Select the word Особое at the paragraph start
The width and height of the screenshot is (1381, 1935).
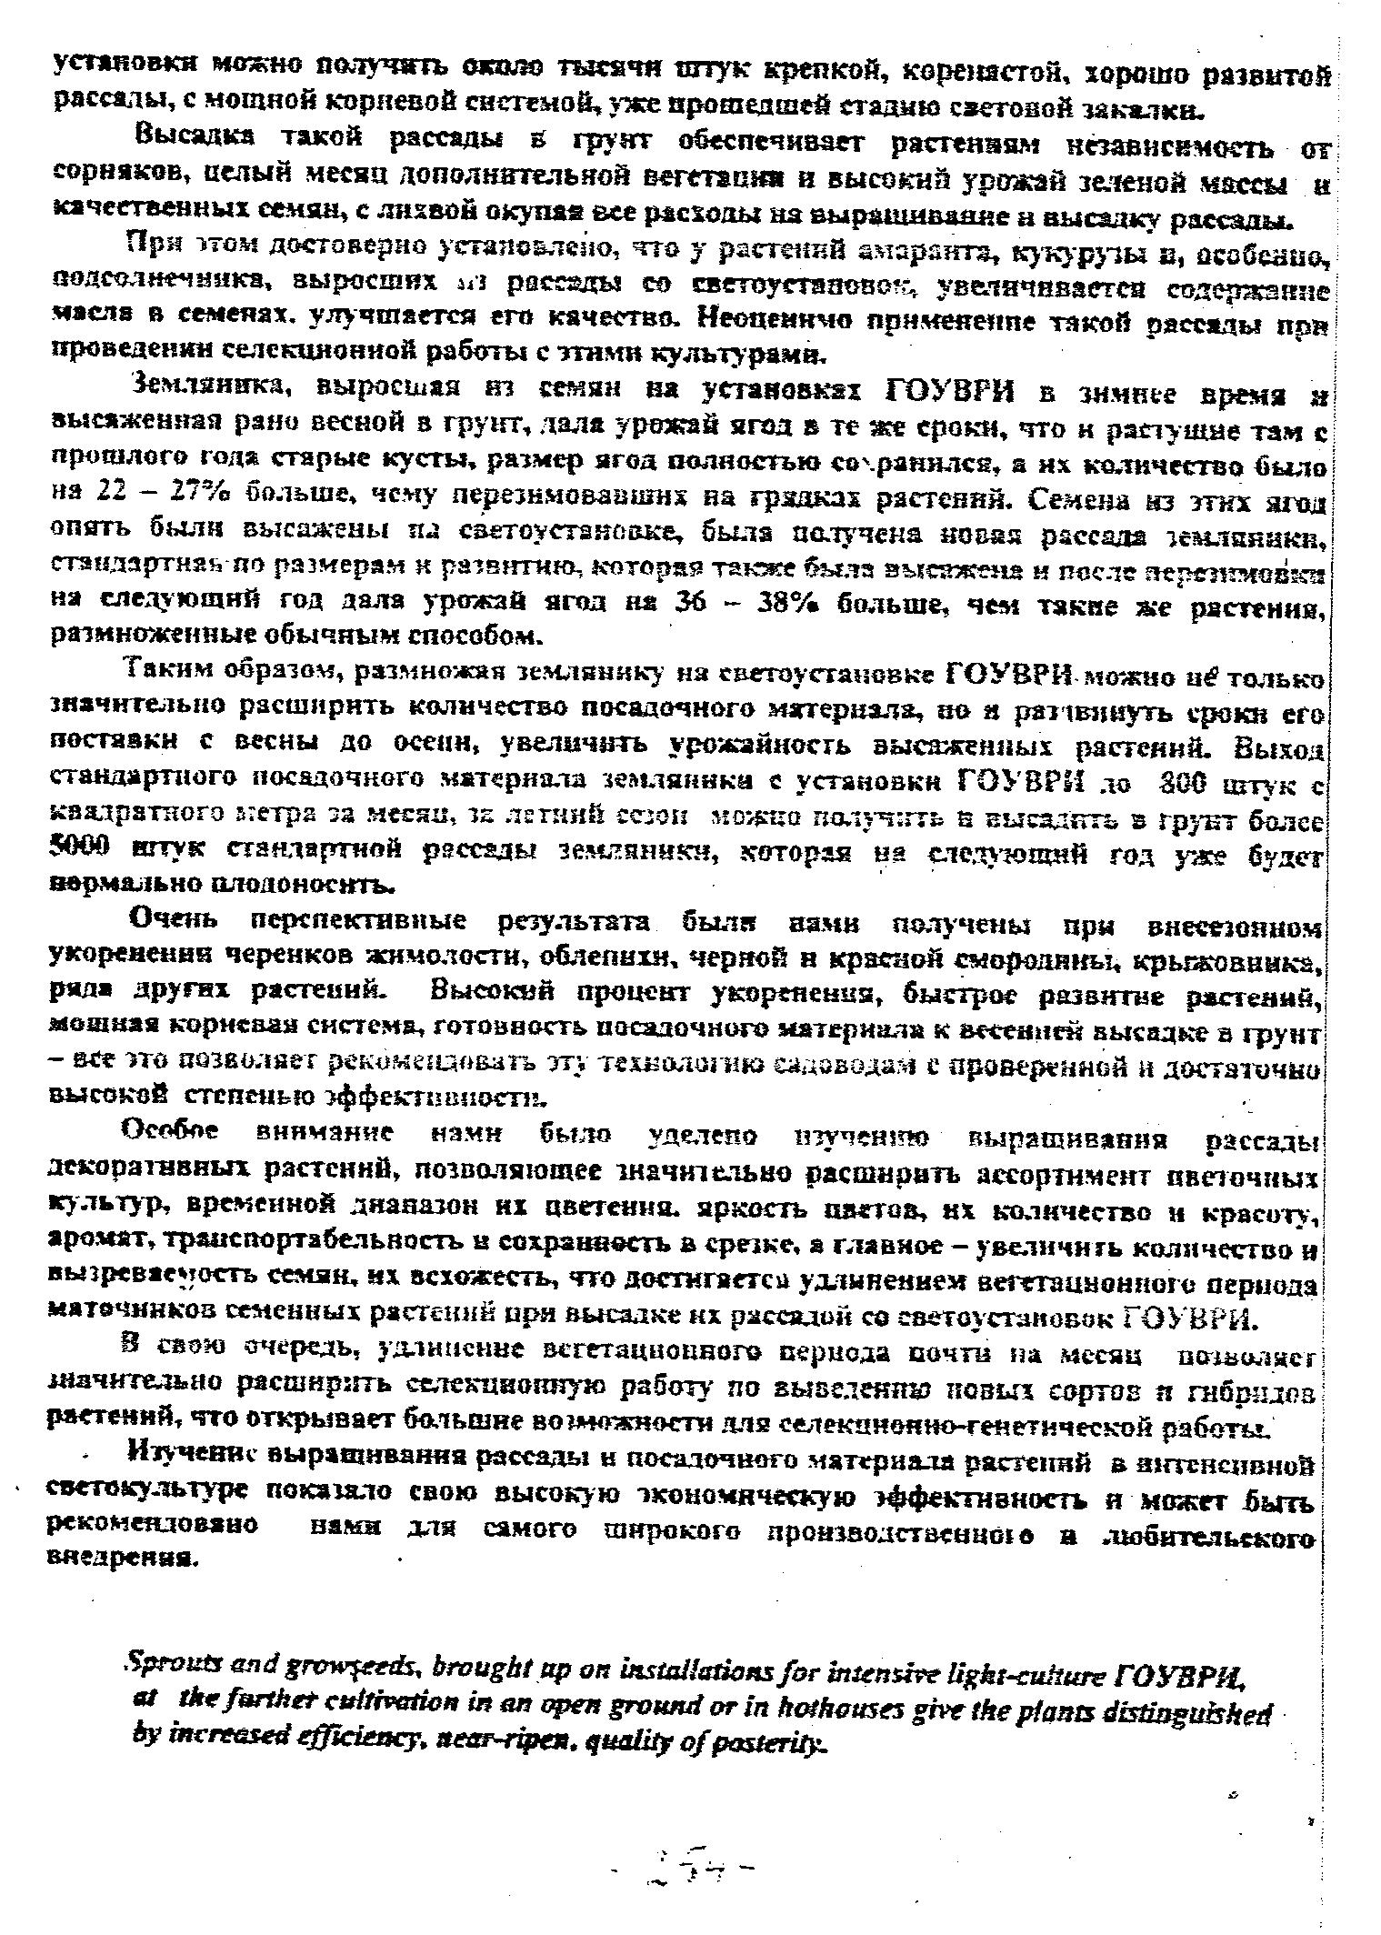pyautogui.click(x=171, y=1134)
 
